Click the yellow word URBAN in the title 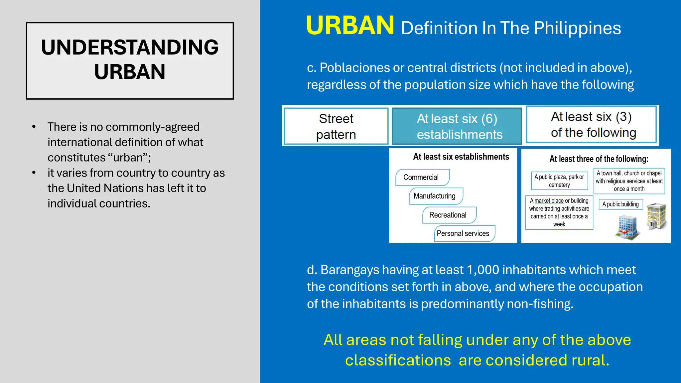coord(350,26)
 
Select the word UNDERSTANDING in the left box coord(130,47)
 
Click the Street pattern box coord(336,126)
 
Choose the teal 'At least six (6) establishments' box coord(457,126)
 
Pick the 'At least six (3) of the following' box coord(591,124)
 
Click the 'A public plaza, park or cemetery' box coord(559,181)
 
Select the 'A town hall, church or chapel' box coord(629,181)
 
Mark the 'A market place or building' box coord(559,212)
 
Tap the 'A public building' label coord(620,204)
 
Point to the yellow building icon coord(657,216)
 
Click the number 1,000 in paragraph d coord(483,270)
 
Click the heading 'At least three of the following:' coord(599,159)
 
